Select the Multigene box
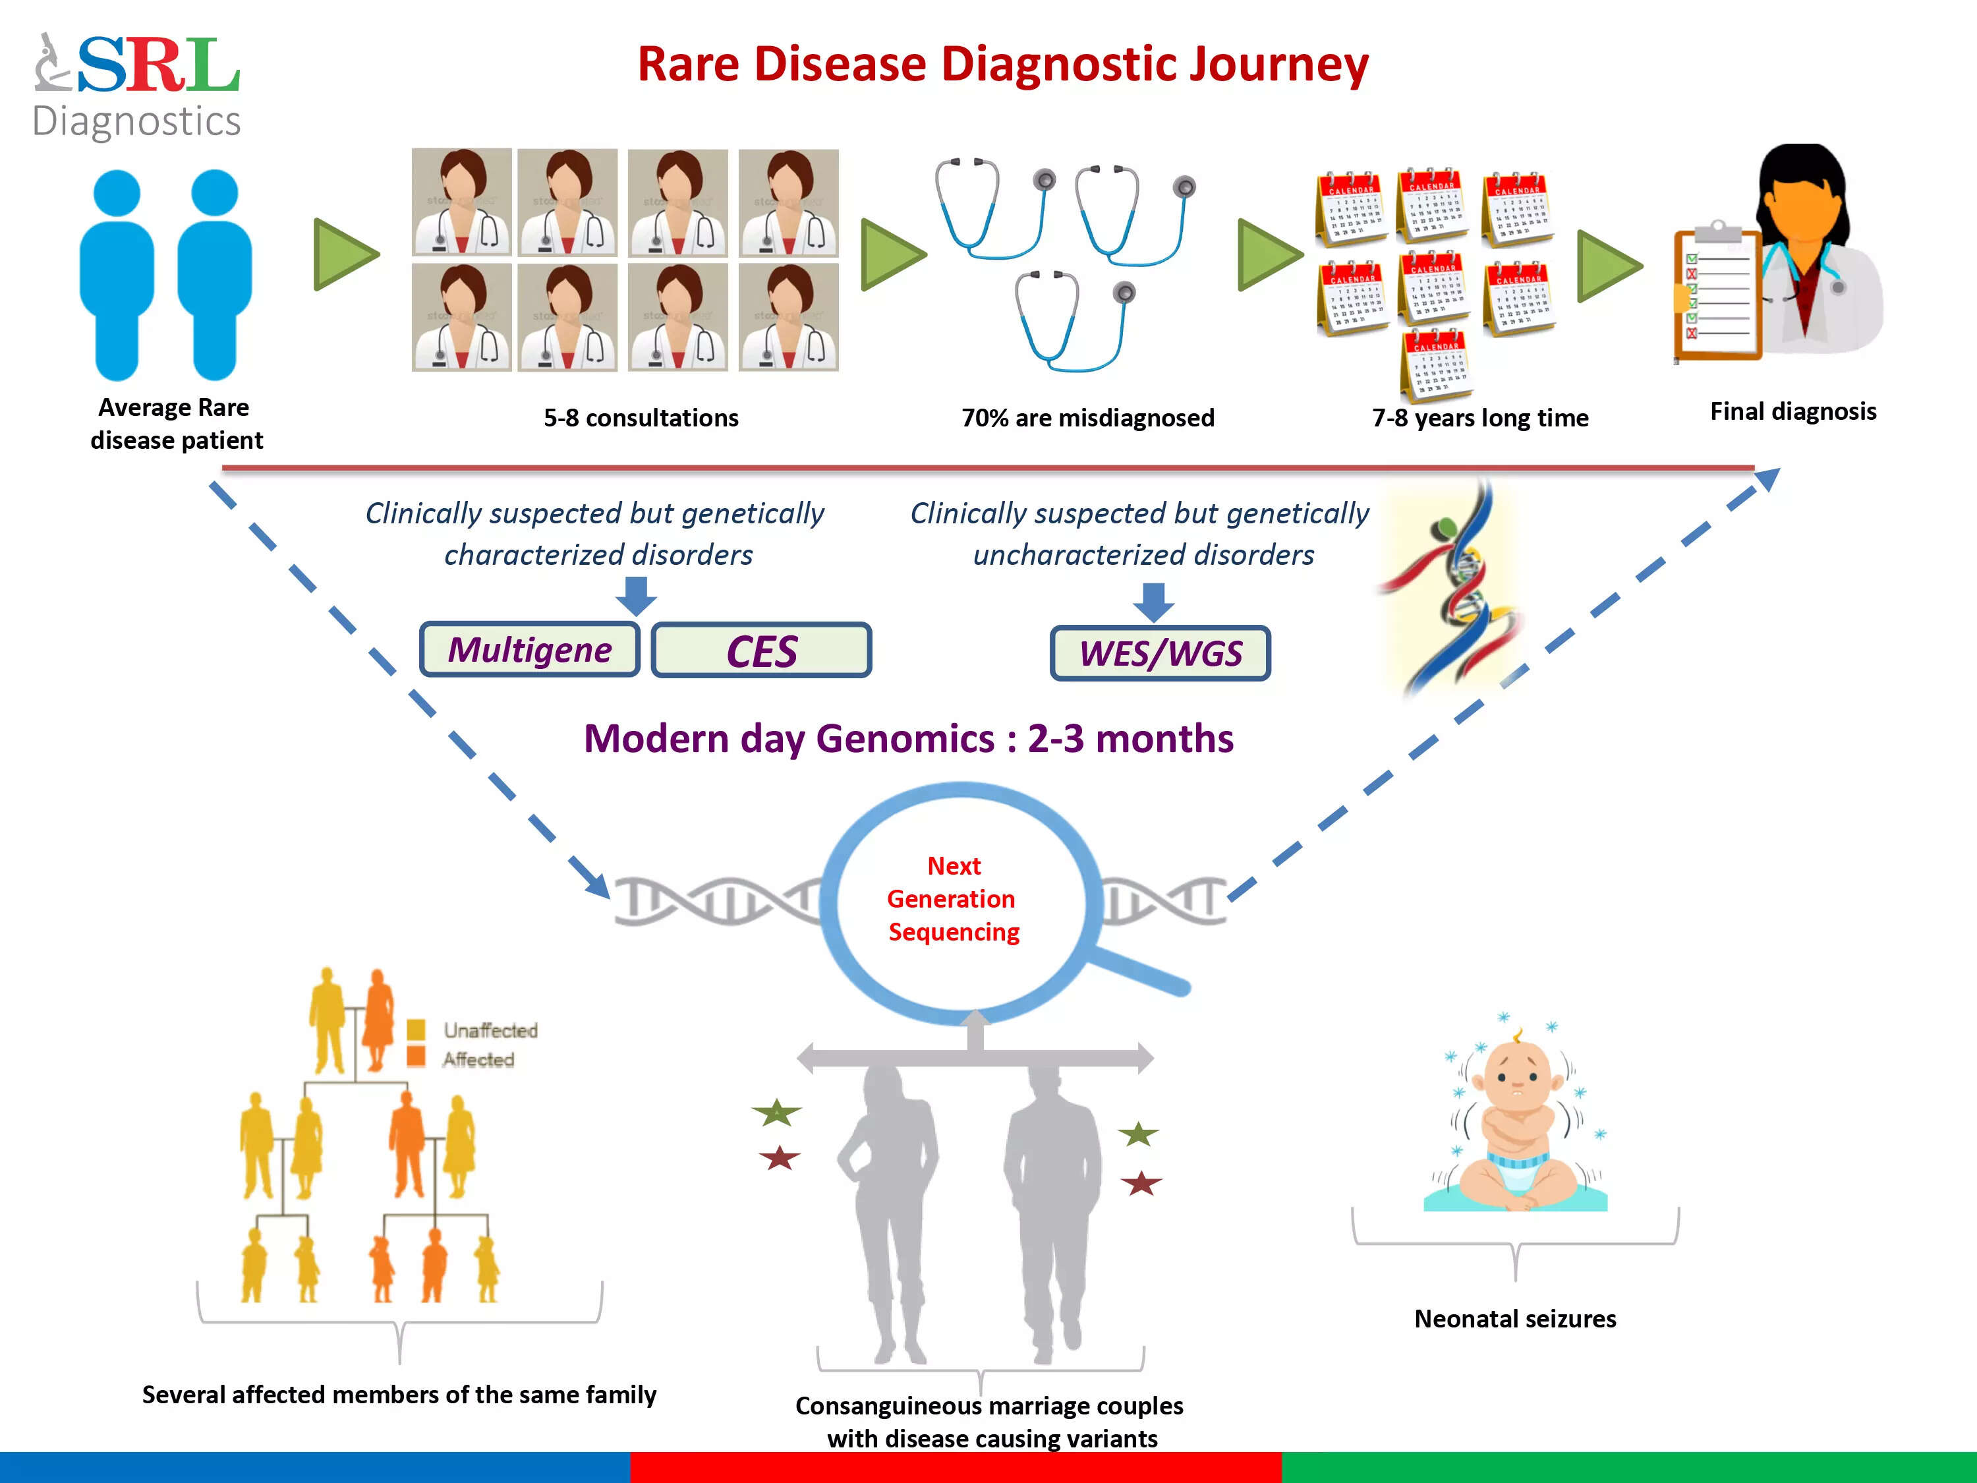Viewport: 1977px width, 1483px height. pyautogui.click(x=529, y=650)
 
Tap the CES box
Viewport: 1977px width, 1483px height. pyautogui.click(x=762, y=651)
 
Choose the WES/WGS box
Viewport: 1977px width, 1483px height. pyautogui.click(x=1160, y=653)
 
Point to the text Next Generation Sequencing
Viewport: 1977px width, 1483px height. pyautogui.click(x=953, y=898)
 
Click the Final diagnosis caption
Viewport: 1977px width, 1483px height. pyautogui.click(x=1793, y=411)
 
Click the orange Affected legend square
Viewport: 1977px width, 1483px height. pyautogui.click(x=416, y=1057)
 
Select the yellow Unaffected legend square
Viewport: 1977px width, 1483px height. pyautogui.click(x=416, y=1030)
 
